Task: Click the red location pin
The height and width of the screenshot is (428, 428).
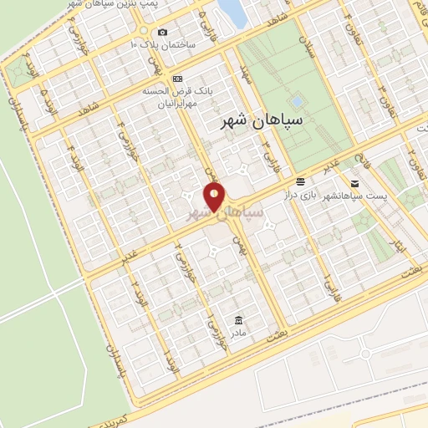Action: (215, 198)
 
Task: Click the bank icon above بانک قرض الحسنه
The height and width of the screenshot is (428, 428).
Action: (176, 78)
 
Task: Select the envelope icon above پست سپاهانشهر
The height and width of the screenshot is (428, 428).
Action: (354, 183)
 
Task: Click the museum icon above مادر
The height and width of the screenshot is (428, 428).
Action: (240, 320)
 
